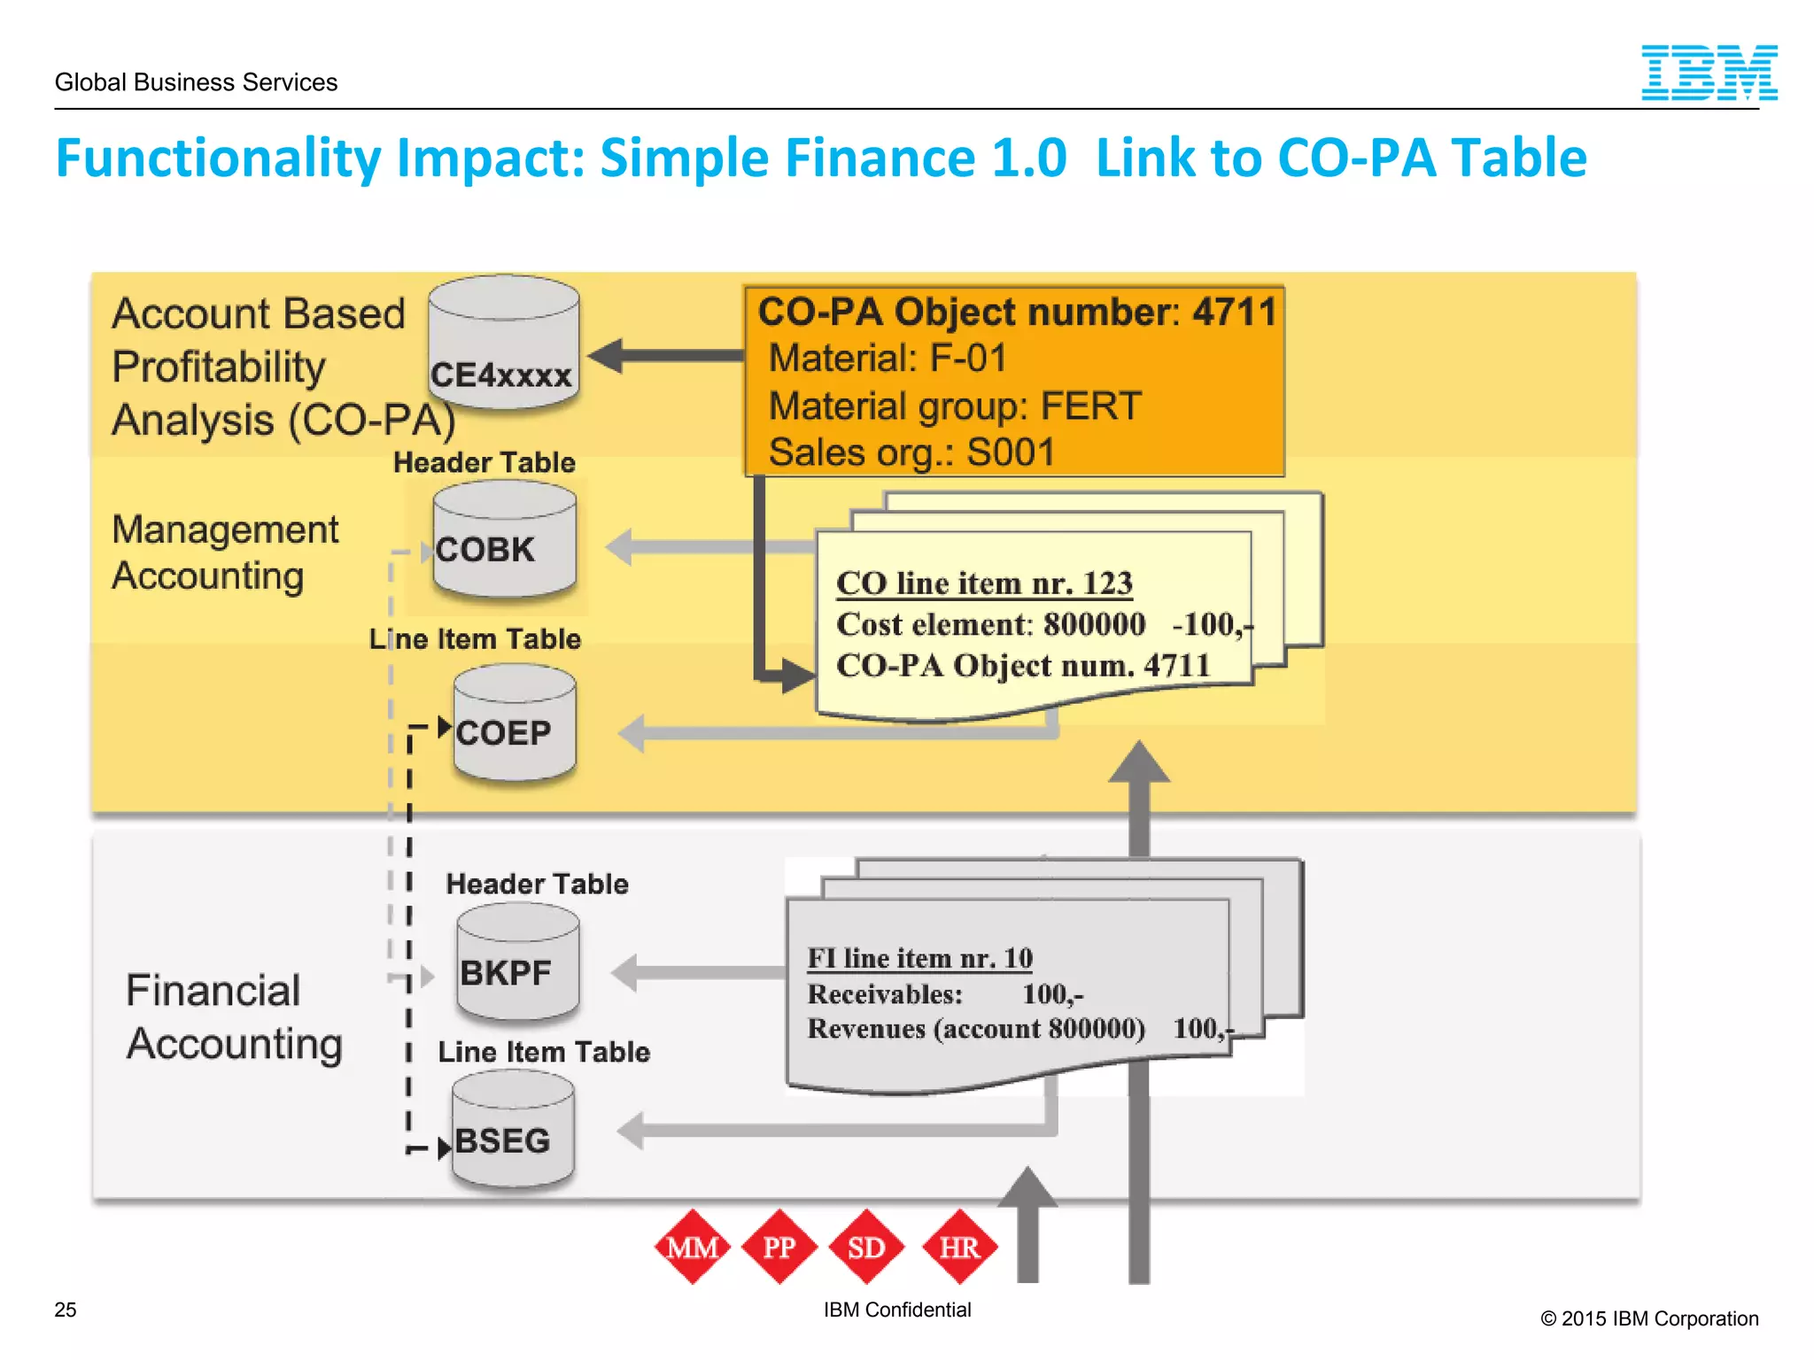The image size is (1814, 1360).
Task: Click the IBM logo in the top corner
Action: tap(1709, 73)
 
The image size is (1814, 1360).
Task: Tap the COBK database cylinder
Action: tap(504, 540)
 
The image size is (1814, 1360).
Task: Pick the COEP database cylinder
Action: tap(514, 724)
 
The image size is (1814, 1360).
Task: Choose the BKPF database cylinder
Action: tap(517, 963)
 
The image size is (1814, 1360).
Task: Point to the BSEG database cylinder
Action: tap(512, 1131)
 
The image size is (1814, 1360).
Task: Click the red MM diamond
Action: tap(693, 1247)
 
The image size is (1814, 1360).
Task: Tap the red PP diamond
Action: tap(779, 1247)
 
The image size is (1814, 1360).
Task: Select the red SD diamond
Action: tap(866, 1247)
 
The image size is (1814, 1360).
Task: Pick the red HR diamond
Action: tap(959, 1247)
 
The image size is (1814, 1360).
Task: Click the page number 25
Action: tap(66, 1310)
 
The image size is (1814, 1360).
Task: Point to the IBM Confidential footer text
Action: tap(896, 1310)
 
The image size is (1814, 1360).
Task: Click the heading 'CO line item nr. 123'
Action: tap(984, 583)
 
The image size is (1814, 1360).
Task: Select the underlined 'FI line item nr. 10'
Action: tap(919, 958)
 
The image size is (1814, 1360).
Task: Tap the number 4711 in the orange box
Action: tap(1234, 312)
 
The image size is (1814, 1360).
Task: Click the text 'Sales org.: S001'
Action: tap(911, 452)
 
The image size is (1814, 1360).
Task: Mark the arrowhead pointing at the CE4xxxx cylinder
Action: tap(607, 356)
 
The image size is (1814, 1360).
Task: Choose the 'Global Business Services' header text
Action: tap(196, 82)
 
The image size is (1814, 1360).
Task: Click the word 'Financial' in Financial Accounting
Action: tap(213, 990)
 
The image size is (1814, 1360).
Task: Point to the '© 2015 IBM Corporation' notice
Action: tap(1649, 1318)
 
